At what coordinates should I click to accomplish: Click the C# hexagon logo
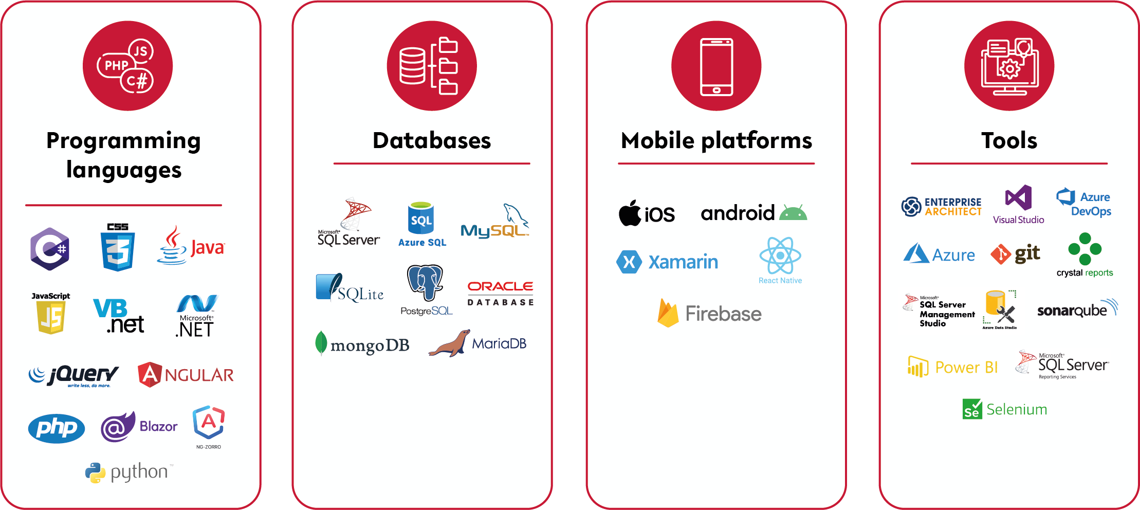(49, 249)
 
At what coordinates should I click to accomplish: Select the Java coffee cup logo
(172, 246)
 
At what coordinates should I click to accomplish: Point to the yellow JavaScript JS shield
(51, 317)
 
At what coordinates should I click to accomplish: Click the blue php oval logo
(57, 428)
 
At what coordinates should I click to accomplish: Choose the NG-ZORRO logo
(209, 423)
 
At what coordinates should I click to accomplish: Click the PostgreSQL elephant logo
(425, 282)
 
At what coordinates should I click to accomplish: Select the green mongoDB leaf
(321, 343)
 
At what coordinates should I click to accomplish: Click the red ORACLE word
(500, 286)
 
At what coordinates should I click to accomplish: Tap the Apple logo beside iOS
(630, 213)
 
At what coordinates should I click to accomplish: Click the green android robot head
(793, 213)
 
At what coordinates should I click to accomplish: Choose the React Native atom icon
(780, 256)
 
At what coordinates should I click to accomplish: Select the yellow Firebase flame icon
(668, 313)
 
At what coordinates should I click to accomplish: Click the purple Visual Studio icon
(1019, 198)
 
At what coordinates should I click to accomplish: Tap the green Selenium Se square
(972, 409)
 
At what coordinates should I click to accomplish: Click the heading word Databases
(432, 140)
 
